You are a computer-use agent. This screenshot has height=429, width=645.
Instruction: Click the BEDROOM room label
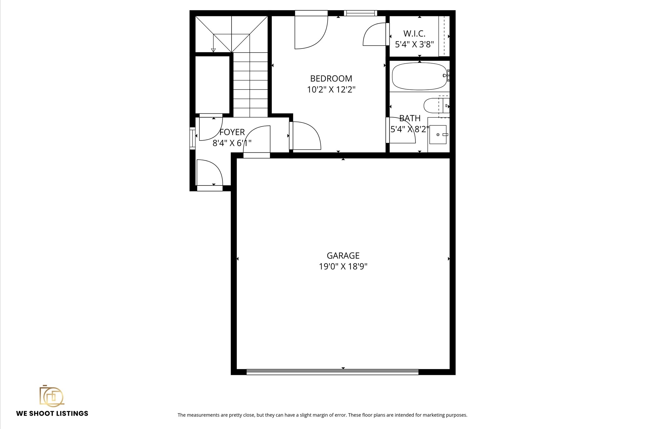point(331,78)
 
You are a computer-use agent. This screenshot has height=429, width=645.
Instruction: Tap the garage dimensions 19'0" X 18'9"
point(343,267)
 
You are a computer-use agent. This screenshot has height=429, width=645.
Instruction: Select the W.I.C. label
point(414,33)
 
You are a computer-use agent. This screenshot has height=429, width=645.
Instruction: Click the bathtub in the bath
point(419,76)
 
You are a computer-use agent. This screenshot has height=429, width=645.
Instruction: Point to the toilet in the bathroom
point(433,106)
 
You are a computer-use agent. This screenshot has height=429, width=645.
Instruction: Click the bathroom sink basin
point(438,134)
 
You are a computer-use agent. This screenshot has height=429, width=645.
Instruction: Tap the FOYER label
point(232,132)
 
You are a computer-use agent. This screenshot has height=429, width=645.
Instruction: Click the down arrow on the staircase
point(213,50)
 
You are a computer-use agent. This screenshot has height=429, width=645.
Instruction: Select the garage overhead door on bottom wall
point(332,372)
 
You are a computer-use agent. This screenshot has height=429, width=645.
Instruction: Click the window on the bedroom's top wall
point(360,13)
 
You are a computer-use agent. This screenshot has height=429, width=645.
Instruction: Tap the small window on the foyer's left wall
point(192,138)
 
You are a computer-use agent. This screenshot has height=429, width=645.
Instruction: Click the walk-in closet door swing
point(375,35)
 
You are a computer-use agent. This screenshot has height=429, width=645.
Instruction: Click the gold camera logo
point(52,396)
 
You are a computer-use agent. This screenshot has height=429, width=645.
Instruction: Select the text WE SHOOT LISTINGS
point(52,414)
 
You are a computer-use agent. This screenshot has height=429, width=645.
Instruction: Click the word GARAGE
point(343,255)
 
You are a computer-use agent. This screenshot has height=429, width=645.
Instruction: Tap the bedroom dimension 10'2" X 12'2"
point(331,90)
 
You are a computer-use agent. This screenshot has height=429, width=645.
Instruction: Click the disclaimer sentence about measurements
point(322,415)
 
